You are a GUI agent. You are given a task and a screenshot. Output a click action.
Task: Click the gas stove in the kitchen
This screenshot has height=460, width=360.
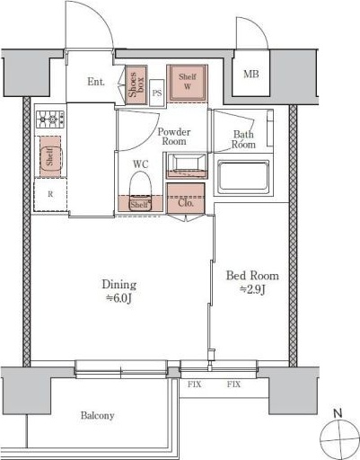click(50, 119)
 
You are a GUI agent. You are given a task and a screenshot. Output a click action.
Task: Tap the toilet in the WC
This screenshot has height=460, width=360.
click(140, 190)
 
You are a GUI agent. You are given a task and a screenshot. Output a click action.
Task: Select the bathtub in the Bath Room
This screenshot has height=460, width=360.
click(243, 177)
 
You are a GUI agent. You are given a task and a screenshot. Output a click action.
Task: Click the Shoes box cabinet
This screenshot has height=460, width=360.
click(136, 85)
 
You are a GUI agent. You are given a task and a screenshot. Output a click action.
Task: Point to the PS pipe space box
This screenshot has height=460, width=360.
click(157, 93)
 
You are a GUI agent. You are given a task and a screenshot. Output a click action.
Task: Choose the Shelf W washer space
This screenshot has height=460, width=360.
click(188, 83)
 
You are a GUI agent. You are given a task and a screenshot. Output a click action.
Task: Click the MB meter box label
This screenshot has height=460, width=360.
click(250, 74)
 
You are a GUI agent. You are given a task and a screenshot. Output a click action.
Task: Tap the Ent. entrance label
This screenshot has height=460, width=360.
click(96, 82)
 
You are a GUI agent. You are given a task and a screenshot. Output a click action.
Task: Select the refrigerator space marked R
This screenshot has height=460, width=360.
click(50, 195)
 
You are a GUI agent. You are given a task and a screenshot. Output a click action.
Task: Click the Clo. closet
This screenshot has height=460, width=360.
click(186, 199)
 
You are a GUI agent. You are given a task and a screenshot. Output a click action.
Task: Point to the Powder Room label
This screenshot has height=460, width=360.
click(174, 137)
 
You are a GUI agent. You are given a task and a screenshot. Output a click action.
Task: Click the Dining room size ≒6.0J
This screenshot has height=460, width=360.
click(119, 298)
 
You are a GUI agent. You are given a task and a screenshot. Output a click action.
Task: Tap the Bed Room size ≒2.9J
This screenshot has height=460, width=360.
click(252, 289)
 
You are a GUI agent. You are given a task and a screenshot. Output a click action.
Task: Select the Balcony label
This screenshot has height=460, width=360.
click(98, 416)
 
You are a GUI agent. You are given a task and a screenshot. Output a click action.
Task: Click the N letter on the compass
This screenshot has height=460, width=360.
click(338, 413)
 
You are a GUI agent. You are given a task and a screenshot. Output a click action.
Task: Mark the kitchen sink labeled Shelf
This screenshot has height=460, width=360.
click(50, 156)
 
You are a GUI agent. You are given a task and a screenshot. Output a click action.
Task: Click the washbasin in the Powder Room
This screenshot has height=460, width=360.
click(187, 166)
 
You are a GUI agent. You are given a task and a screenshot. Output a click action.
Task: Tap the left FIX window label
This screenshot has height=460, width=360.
click(195, 385)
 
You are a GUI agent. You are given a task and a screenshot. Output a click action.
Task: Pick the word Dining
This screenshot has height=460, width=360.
click(119, 285)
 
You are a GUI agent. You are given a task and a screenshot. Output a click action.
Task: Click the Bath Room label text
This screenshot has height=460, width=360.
click(244, 139)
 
